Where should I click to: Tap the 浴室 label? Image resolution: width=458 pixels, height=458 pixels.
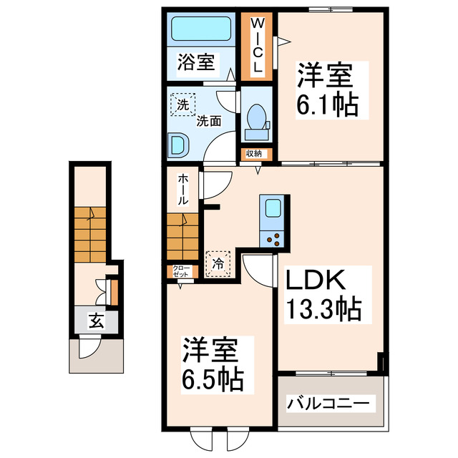(x=195, y=62)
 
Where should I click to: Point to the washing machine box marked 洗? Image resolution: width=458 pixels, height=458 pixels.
(x=183, y=105)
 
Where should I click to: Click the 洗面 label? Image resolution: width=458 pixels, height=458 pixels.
(x=210, y=122)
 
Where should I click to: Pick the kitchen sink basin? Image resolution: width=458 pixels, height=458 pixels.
(x=273, y=208)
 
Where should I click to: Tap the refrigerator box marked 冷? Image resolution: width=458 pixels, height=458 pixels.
(x=218, y=263)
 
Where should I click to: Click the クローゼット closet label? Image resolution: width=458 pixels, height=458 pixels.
(x=181, y=271)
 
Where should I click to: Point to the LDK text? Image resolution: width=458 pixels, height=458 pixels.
(x=317, y=280)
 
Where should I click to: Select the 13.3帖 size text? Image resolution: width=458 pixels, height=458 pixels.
(x=323, y=308)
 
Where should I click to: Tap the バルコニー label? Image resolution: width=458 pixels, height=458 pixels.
(x=330, y=404)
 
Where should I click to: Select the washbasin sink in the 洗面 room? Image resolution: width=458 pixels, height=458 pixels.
(x=178, y=145)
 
